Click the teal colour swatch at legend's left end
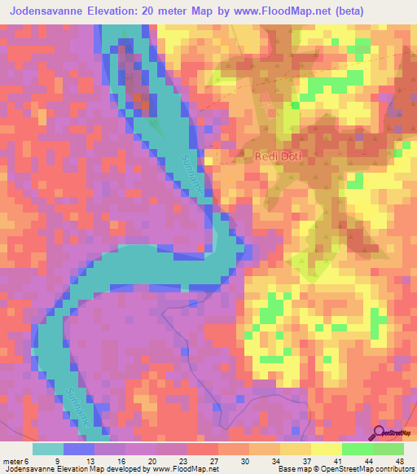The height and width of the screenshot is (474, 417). tap(47, 449)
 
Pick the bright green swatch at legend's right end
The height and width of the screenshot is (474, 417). tap(388, 449)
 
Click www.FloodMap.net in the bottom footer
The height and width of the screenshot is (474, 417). tap(181, 470)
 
